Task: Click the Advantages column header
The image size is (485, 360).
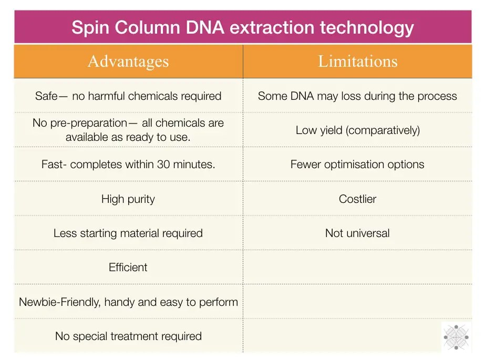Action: (128, 61)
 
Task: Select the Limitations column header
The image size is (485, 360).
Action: (357, 61)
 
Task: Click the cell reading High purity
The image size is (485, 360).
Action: (128, 199)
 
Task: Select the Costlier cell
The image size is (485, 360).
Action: (357, 199)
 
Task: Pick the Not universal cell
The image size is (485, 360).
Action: (357, 233)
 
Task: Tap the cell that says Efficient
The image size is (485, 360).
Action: (128, 267)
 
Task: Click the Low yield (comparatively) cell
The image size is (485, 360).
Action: (357, 130)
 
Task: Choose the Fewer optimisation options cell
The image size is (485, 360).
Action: (357, 164)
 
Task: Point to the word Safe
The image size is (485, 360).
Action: (47, 96)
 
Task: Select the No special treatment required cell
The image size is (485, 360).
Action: (128, 336)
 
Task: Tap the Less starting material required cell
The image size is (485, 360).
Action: (128, 233)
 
